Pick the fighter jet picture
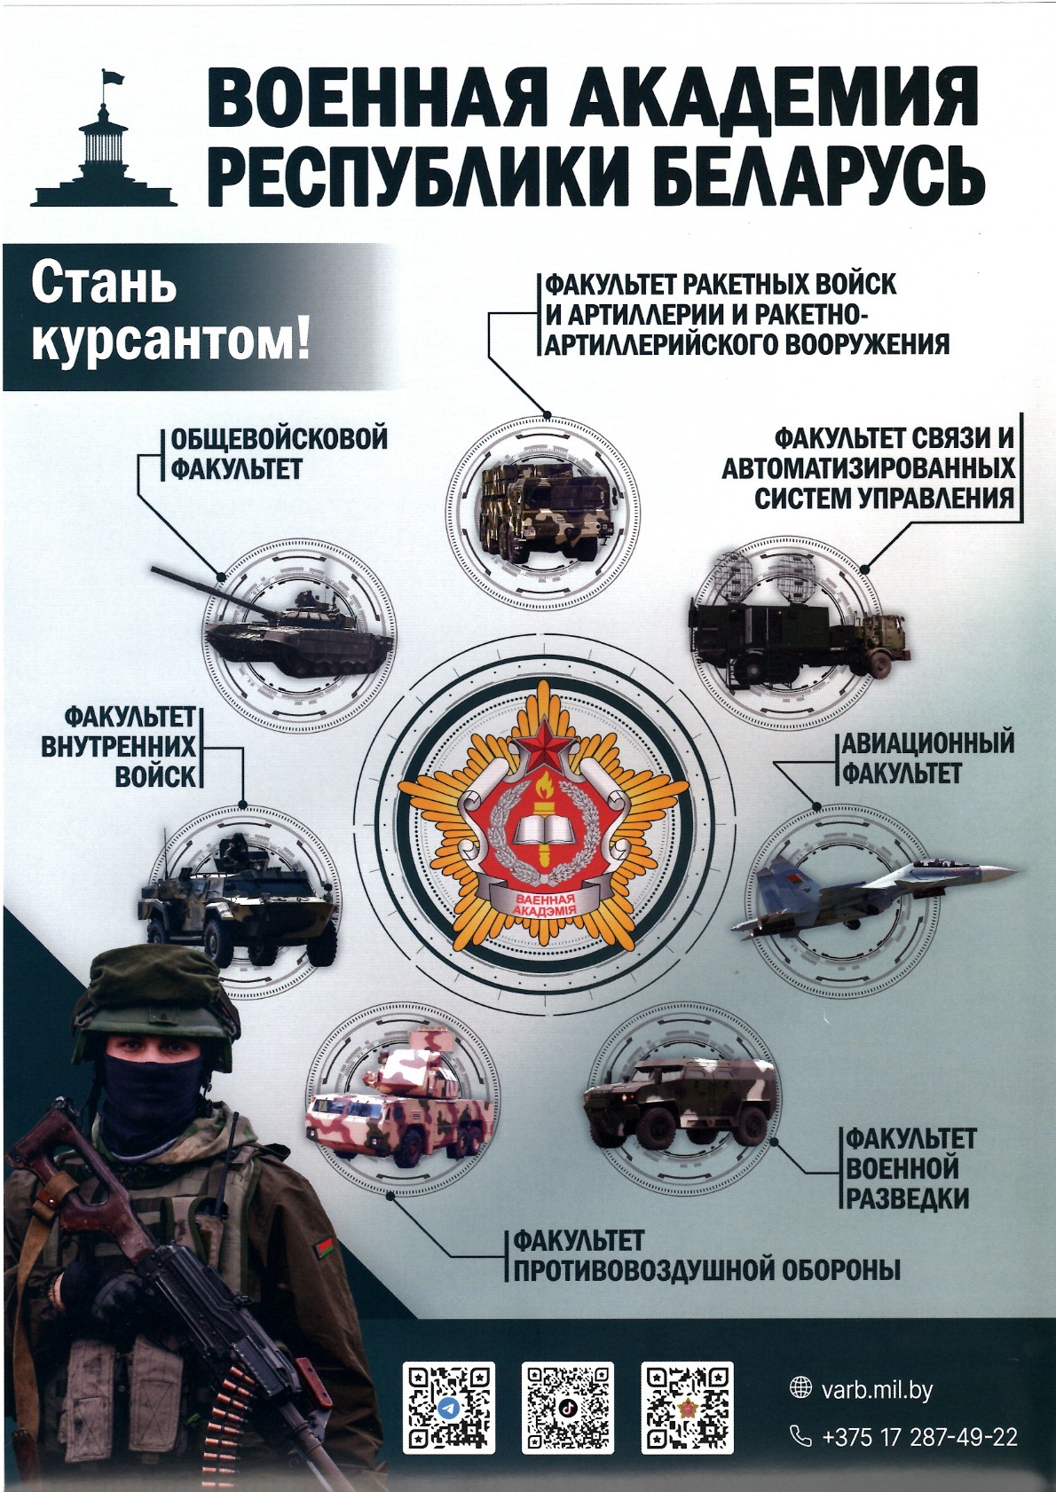[x=873, y=889]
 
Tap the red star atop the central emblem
[x=545, y=743]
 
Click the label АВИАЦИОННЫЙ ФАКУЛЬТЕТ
[x=927, y=758]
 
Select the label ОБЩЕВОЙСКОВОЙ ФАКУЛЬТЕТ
[x=280, y=454]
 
